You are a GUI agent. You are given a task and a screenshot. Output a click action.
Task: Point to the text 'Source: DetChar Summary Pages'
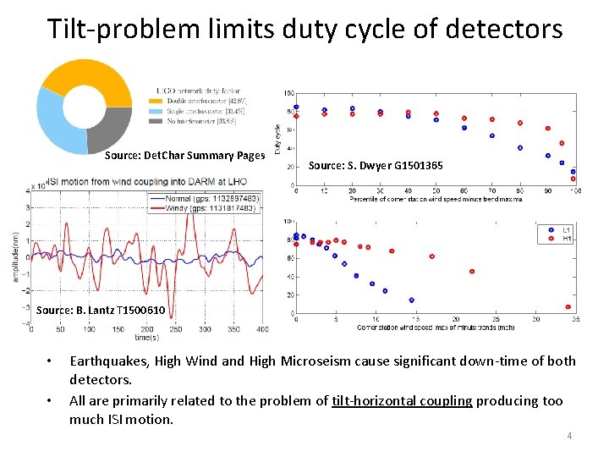point(184,156)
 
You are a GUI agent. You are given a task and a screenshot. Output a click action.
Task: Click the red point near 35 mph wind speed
point(568,307)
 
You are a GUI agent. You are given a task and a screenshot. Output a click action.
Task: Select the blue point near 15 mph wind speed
point(411,300)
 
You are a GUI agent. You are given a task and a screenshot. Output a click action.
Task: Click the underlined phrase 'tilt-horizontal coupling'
point(402,400)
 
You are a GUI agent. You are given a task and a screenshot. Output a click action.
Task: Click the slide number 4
point(569,436)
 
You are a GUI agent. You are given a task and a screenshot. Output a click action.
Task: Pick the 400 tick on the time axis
point(262,328)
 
